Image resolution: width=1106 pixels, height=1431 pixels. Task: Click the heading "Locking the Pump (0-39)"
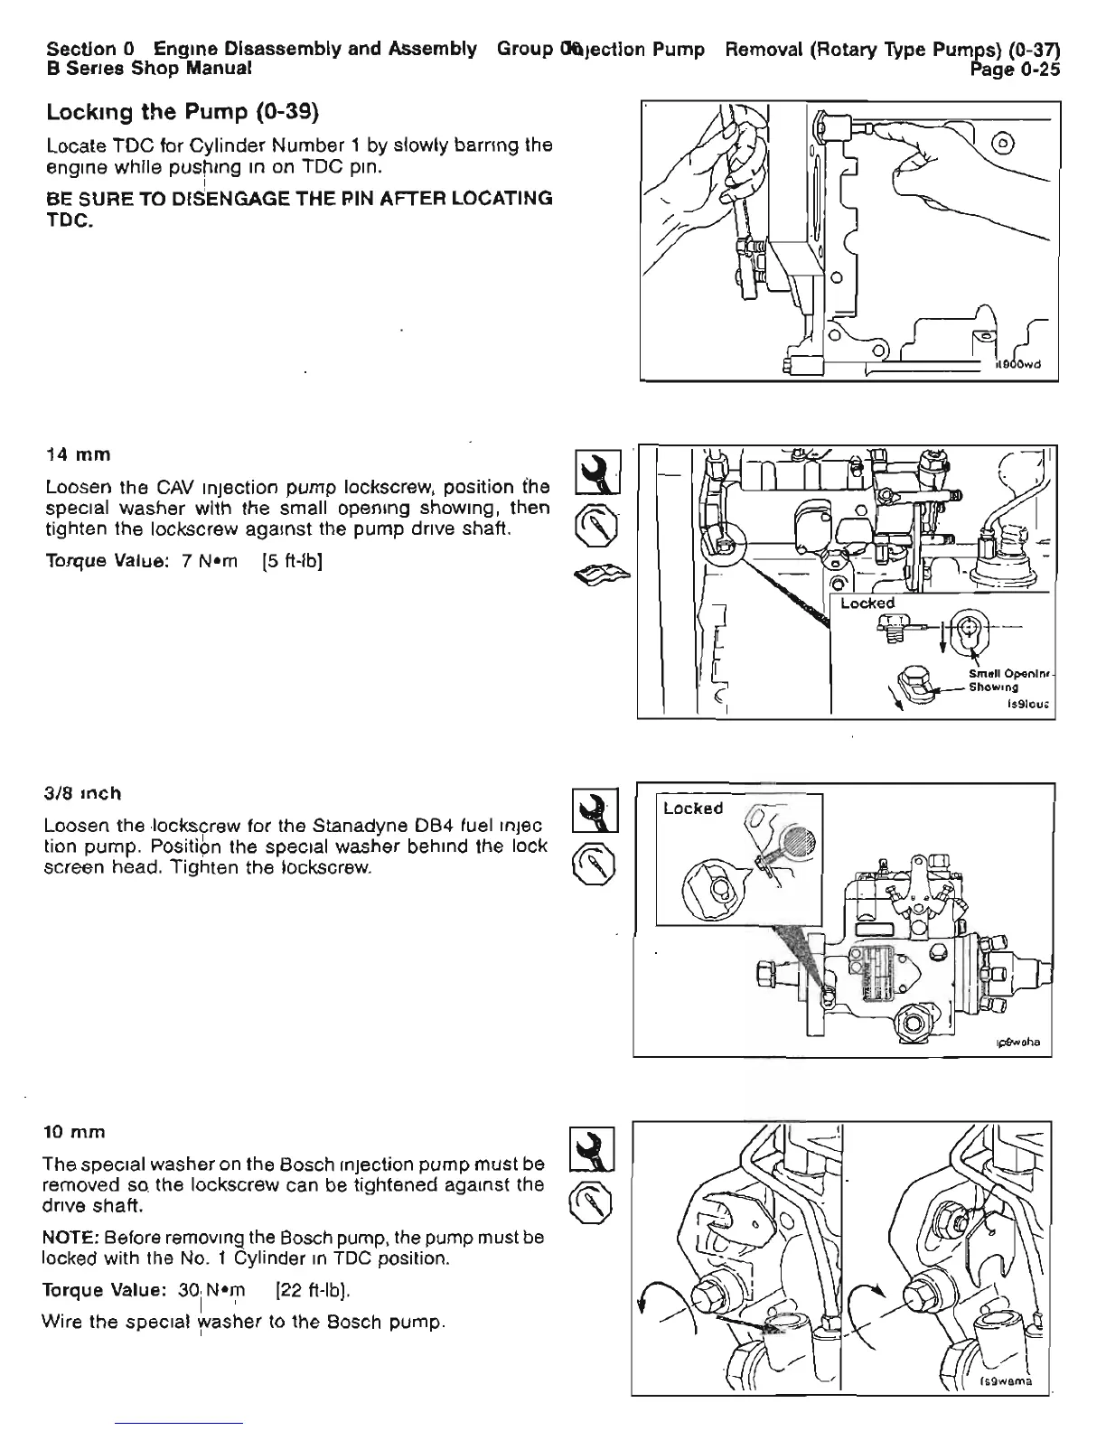click(x=183, y=114)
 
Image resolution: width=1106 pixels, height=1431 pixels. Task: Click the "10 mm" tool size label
click(x=75, y=1132)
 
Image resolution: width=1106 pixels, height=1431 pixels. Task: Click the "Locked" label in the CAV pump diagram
click(x=867, y=603)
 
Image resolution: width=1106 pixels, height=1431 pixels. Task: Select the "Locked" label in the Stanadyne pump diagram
click(x=693, y=809)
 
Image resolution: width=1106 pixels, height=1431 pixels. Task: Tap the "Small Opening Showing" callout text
click(x=1002, y=679)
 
